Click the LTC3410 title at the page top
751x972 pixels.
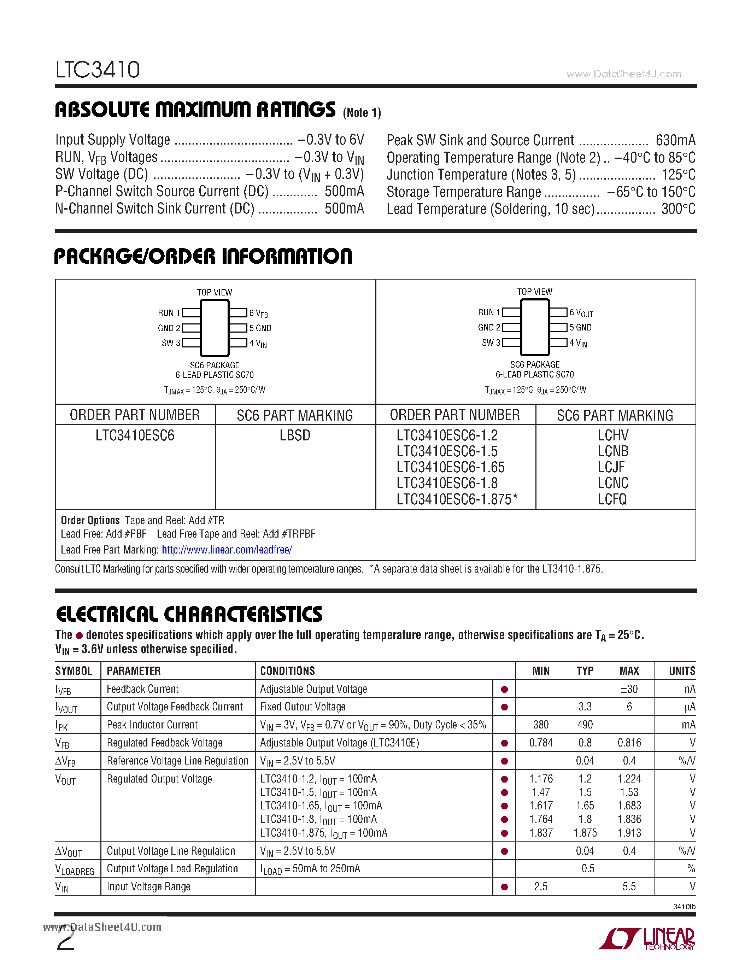pyautogui.click(x=98, y=70)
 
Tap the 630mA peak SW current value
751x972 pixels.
pyautogui.click(x=675, y=140)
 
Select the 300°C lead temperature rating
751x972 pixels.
pyautogui.click(x=678, y=209)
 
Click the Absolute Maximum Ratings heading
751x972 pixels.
pyautogui.click(x=195, y=110)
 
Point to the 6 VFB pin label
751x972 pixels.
pyautogui.click(x=258, y=313)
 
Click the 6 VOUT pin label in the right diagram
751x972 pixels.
pyautogui.click(x=581, y=313)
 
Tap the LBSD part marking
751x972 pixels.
pyautogui.click(x=294, y=435)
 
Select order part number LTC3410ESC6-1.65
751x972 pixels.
pyautogui.click(x=450, y=467)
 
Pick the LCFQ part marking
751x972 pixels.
pyautogui.click(x=612, y=499)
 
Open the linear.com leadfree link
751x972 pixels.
pyautogui.click(x=227, y=550)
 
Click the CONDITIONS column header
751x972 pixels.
pyautogui.click(x=287, y=671)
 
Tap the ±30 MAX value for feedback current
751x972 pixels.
pyautogui.click(x=629, y=689)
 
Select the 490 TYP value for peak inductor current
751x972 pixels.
pyautogui.click(x=585, y=725)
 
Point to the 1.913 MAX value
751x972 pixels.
pyautogui.click(x=629, y=833)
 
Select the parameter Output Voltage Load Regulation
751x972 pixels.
pyautogui.click(x=172, y=869)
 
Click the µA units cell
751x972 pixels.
pyautogui.click(x=690, y=707)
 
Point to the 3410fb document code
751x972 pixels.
pyautogui.click(x=684, y=907)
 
